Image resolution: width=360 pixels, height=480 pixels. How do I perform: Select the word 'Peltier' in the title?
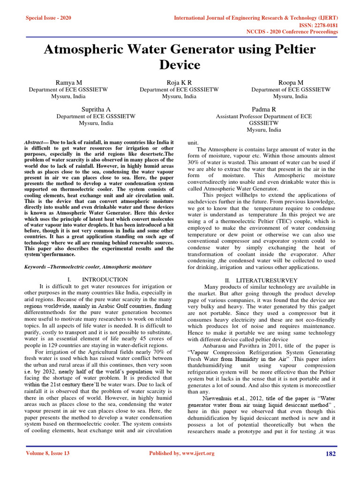291,50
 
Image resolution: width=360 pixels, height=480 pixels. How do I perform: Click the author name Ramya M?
69,82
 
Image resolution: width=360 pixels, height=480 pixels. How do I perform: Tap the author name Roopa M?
291,82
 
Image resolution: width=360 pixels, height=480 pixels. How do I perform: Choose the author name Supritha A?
96,109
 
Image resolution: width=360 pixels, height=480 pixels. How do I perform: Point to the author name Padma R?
264,109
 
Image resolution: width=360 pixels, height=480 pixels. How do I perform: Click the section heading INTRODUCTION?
102,279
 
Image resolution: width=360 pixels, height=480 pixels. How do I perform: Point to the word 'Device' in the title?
180,65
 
